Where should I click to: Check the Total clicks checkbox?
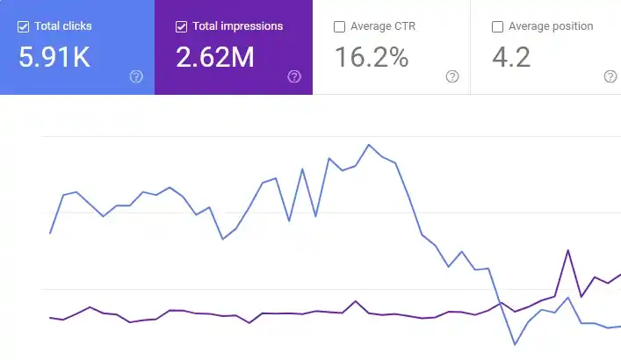click(x=24, y=26)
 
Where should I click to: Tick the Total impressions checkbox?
click(x=182, y=26)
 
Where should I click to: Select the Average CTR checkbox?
click(x=340, y=26)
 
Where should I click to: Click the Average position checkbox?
click(x=498, y=26)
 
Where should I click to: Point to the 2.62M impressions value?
click(x=215, y=58)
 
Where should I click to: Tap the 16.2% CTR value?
click(x=372, y=58)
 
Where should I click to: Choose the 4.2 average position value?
click(x=511, y=58)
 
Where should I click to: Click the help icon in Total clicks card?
click(x=136, y=76)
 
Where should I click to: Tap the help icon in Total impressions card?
click(x=294, y=76)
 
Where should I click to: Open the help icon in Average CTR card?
click(x=452, y=76)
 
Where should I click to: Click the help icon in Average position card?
click(x=610, y=76)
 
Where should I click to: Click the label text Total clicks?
click(x=63, y=26)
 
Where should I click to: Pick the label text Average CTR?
click(x=383, y=26)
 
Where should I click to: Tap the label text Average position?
click(x=551, y=26)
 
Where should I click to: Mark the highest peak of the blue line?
click(x=368, y=145)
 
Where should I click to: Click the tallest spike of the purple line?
click(x=568, y=250)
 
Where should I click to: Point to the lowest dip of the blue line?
click(x=514, y=344)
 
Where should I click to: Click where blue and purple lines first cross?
click(x=499, y=304)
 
